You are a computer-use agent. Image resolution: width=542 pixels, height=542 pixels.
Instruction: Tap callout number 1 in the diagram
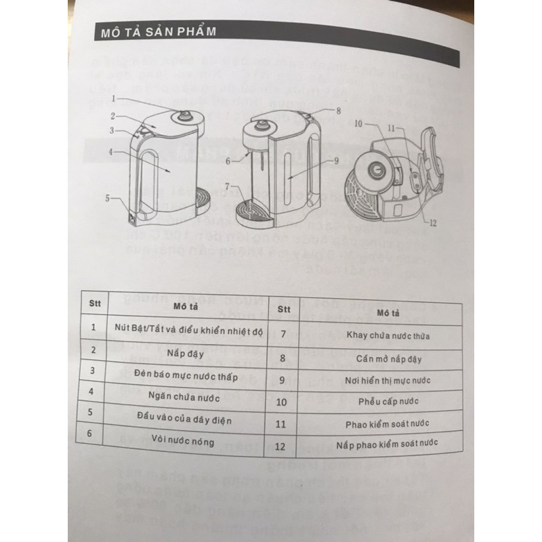[115, 99]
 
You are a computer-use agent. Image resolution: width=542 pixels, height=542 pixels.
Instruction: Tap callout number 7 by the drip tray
[228, 185]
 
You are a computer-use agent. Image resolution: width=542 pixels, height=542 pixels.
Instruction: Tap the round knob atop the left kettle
[182, 117]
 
